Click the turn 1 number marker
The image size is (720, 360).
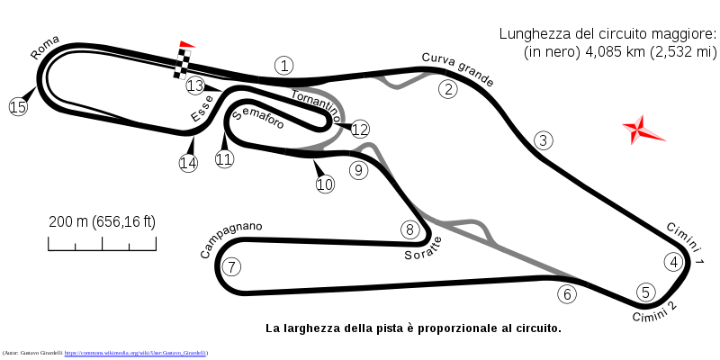(284, 66)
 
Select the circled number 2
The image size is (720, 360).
(448, 89)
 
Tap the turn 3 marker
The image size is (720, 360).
(543, 140)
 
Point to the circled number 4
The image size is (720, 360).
(673, 262)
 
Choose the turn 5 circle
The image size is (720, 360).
(645, 292)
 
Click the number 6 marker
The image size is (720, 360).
(566, 294)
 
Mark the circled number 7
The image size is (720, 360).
(231, 267)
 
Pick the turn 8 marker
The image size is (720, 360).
(409, 229)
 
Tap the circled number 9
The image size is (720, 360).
(359, 170)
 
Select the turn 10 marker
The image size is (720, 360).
(325, 184)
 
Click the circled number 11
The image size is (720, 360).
(224, 159)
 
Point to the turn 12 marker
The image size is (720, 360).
(360, 130)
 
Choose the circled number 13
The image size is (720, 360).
(195, 86)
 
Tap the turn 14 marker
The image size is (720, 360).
(188, 163)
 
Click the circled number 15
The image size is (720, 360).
(18, 107)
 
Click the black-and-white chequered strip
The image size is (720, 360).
(183, 64)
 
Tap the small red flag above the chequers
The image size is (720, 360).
(186, 44)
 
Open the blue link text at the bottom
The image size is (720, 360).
(136, 354)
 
